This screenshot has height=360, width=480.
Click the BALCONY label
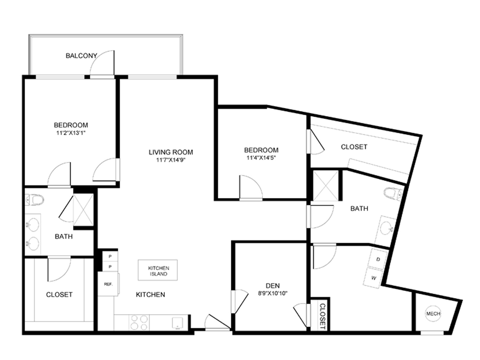pyautogui.click(x=81, y=56)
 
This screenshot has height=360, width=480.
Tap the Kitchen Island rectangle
pyautogui.click(x=158, y=270)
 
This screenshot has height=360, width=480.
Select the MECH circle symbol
pyautogui.click(x=433, y=313)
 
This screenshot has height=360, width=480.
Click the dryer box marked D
pyautogui.click(x=378, y=259)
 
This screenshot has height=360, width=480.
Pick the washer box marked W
pyautogui.click(x=373, y=278)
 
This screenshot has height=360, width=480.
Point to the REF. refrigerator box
pyautogui.click(x=108, y=284)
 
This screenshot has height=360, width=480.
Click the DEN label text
pyautogui.click(x=273, y=286)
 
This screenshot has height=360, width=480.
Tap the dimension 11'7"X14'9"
pyautogui.click(x=171, y=160)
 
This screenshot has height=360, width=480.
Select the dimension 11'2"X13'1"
pyautogui.click(x=71, y=133)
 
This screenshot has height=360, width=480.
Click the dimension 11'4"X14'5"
pyautogui.click(x=261, y=158)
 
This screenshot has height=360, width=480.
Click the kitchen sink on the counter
pyautogui.click(x=177, y=323)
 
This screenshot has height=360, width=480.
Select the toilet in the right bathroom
pyautogui.click(x=393, y=193)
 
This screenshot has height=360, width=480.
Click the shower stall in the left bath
pyautogui.click(x=83, y=209)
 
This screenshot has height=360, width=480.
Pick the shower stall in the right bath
pyautogui.click(x=325, y=186)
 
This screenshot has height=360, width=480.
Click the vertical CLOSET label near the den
pyautogui.click(x=322, y=316)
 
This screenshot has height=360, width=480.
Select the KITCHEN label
pyautogui.click(x=150, y=295)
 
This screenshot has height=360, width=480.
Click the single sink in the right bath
pyautogui.click(x=386, y=229)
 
